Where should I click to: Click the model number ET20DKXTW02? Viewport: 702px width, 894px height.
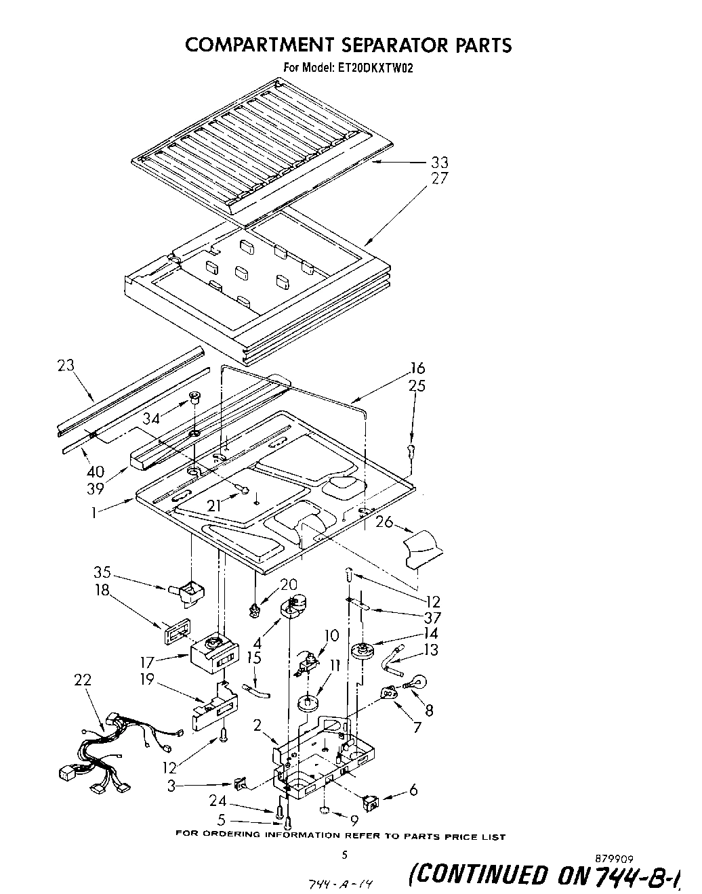click(373, 68)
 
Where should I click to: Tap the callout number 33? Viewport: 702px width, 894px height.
click(439, 163)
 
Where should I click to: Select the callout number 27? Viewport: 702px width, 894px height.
click(439, 179)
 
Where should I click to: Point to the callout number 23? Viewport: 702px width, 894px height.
click(66, 366)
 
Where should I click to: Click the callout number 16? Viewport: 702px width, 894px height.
click(417, 368)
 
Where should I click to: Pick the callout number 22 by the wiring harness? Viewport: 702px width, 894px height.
click(82, 680)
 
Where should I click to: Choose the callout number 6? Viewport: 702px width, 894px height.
click(413, 790)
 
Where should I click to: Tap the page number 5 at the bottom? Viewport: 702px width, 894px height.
click(344, 855)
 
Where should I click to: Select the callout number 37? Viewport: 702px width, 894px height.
click(432, 618)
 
